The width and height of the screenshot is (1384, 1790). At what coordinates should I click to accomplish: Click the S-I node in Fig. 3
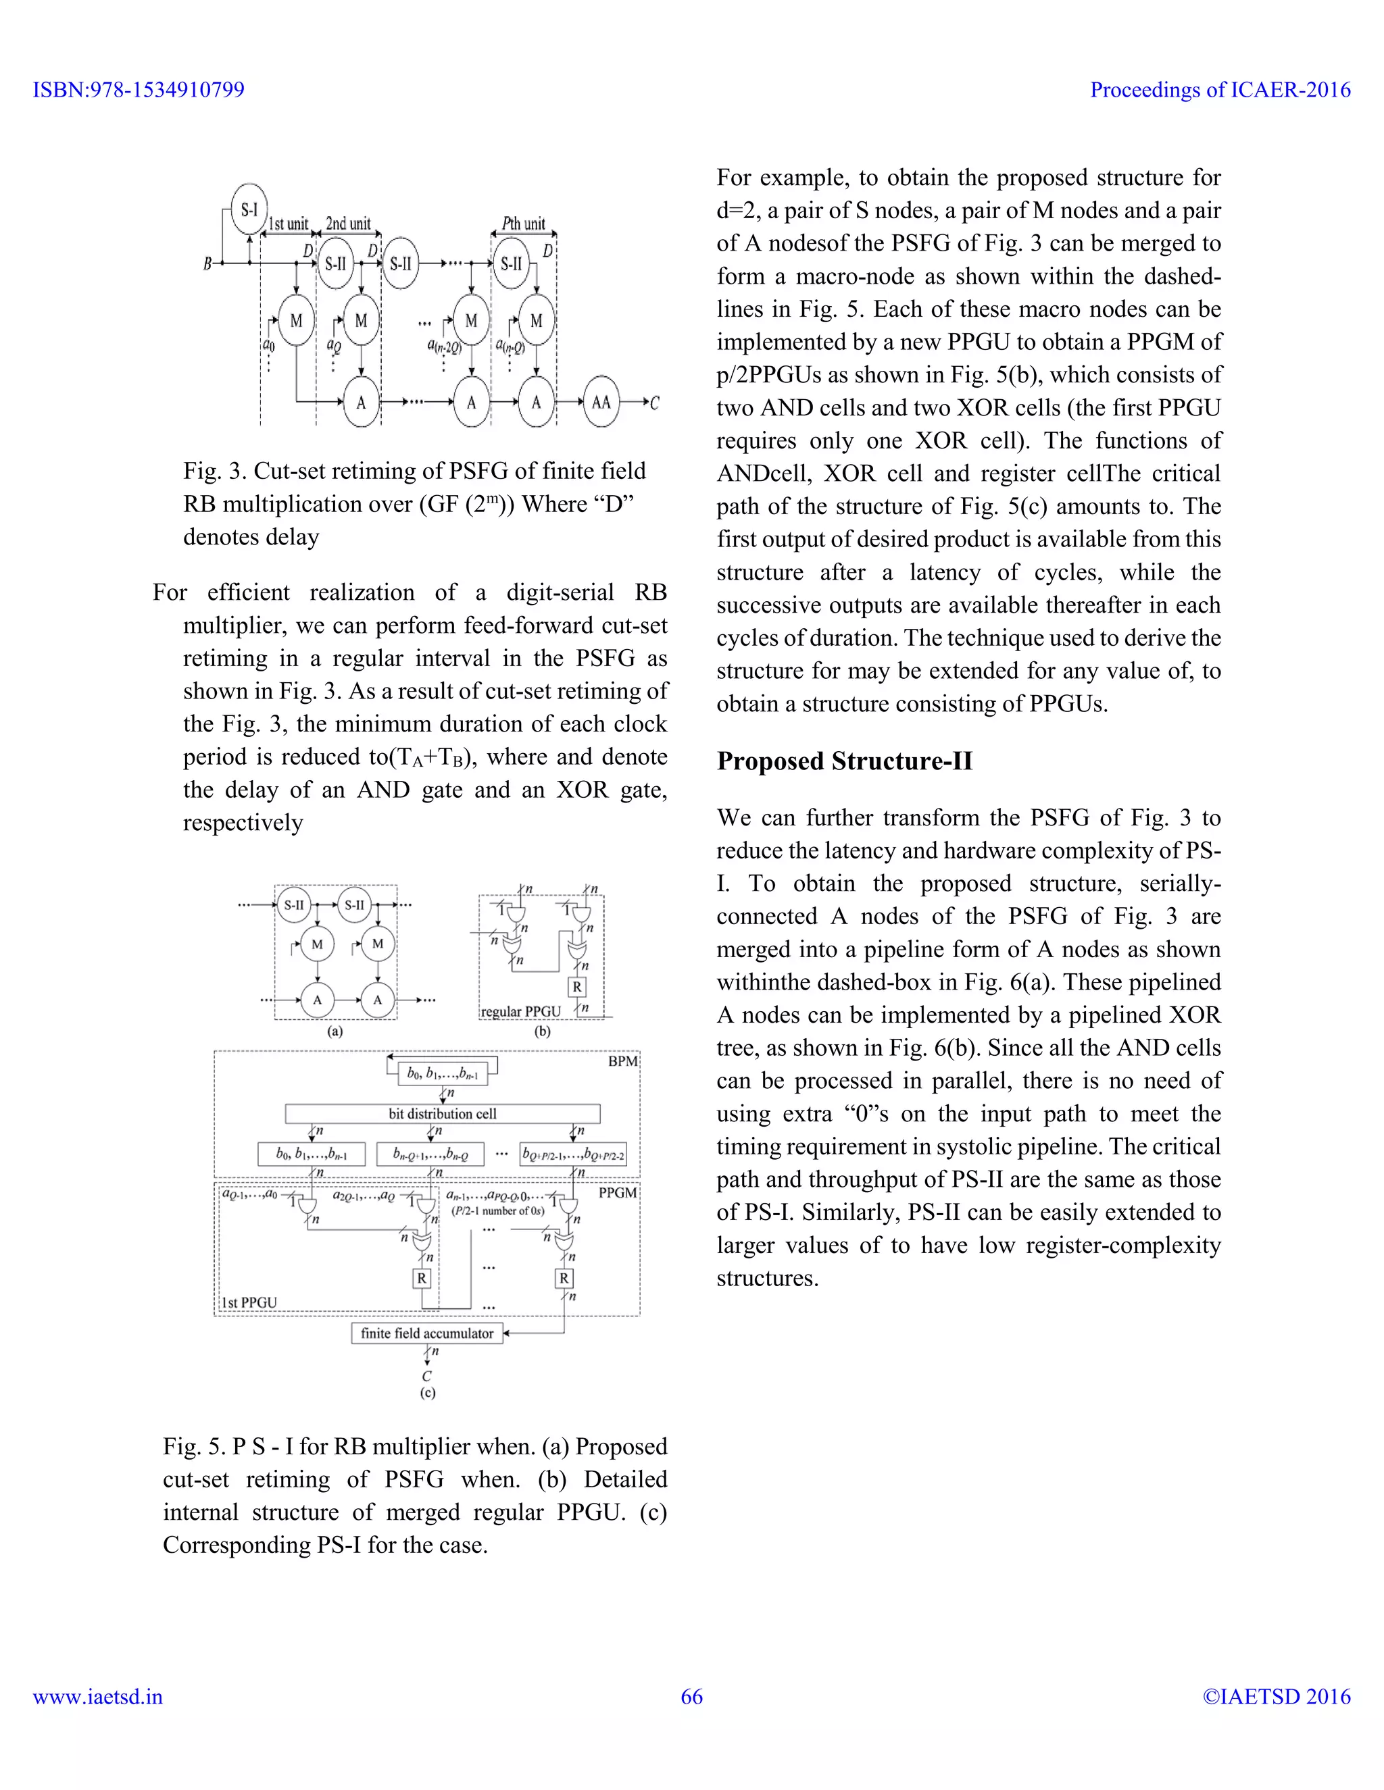(249, 210)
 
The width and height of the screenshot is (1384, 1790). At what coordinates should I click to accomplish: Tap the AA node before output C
(601, 402)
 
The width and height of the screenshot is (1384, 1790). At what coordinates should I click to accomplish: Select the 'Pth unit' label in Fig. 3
(523, 224)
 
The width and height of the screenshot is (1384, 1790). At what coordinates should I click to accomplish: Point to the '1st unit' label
(289, 224)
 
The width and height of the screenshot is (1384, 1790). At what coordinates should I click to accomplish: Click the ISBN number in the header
(139, 89)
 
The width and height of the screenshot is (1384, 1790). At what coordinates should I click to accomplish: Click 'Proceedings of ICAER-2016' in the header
(1220, 89)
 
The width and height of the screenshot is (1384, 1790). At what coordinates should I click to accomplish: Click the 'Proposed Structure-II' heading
(845, 761)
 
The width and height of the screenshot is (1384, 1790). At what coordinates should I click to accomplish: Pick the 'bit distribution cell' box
(442, 1114)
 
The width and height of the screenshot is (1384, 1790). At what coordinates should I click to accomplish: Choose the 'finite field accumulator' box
(426, 1333)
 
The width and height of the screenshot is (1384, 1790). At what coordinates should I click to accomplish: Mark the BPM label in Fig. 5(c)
(622, 1061)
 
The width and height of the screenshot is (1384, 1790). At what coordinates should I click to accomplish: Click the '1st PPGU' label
(249, 1302)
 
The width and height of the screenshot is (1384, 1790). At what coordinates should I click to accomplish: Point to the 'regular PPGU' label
(520, 1011)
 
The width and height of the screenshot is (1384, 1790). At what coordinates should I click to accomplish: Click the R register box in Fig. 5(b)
(576, 987)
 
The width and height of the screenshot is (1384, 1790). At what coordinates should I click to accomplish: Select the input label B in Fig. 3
(207, 263)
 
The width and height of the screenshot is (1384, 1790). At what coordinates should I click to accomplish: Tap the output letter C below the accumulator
(426, 1376)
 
